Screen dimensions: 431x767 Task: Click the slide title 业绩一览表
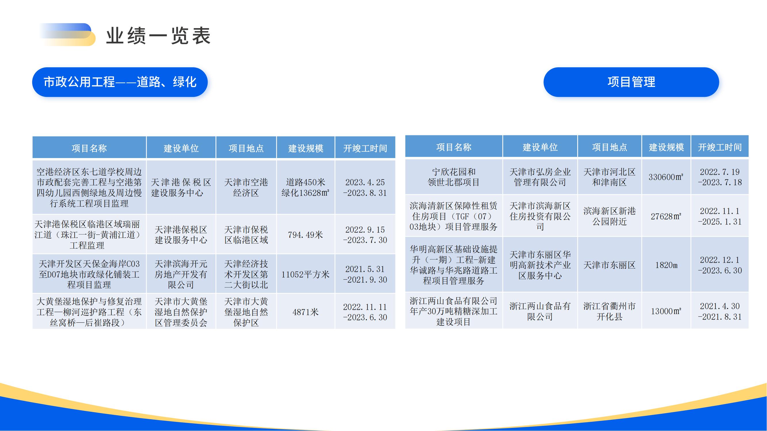tap(158, 36)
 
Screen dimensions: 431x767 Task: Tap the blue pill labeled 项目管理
tap(631, 82)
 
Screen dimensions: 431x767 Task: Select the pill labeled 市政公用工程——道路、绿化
tap(120, 82)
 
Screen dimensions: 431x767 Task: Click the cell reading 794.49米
tap(305, 235)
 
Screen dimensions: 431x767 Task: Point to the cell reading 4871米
tap(305, 312)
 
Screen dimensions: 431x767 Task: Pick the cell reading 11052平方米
tap(305, 274)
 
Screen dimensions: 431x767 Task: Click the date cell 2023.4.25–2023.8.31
tap(365, 187)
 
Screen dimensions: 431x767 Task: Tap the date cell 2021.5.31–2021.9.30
tap(365, 274)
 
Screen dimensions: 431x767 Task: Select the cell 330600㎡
tap(666, 177)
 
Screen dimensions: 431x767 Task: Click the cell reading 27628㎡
tap(666, 216)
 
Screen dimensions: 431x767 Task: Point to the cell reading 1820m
tap(666, 265)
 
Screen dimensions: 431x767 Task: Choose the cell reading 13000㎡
tap(666, 311)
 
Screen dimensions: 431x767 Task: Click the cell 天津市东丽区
tap(609, 265)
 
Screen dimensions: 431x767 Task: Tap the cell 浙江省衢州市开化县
tap(609, 311)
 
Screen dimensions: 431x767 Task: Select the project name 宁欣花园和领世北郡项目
tap(454, 177)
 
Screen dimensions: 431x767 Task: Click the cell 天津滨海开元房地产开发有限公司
tap(181, 274)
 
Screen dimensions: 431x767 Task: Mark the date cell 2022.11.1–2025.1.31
tap(720, 216)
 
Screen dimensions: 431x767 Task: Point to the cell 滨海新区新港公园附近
tap(609, 216)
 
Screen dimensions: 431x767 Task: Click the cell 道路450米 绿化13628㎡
tap(305, 187)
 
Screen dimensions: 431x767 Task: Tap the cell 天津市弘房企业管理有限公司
tap(540, 177)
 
